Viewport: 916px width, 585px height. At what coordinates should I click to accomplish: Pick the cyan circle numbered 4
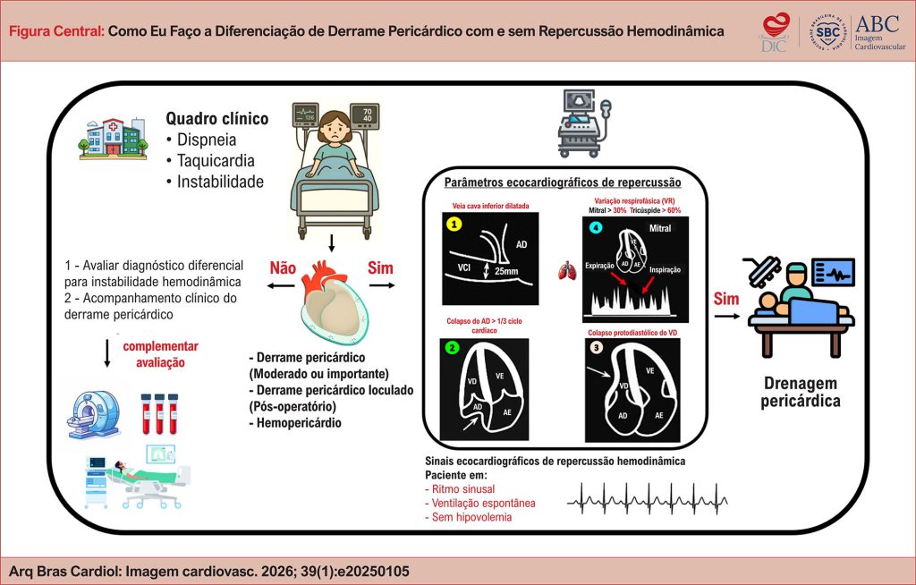coord(596,226)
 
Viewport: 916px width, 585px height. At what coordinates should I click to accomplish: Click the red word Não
coord(284,268)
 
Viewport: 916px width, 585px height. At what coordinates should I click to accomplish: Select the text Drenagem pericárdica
coord(801,391)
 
